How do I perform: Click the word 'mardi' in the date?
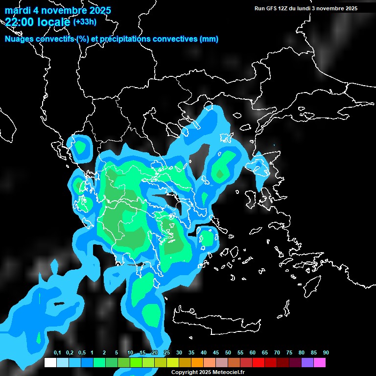pyautogui.click(x=19, y=10)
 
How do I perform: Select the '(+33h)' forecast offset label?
pyautogui.click(x=85, y=22)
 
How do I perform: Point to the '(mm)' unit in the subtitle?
pyautogui.click(x=209, y=39)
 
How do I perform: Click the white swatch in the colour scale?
pyautogui.click(x=50, y=363)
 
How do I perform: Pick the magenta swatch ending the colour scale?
pyautogui.click(x=320, y=363)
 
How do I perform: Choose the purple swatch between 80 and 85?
pyautogui.click(x=307, y=363)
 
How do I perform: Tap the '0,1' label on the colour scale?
pyautogui.click(x=57, y=353)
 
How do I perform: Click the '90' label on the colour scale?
pyautogui.click(x=326, y=353)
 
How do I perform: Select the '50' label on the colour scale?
pyautogui.click(x=228, y=353)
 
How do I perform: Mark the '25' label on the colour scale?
pyautogui.click(x=167, y=353)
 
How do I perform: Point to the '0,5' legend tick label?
pyautogui.click(x=82, y=353)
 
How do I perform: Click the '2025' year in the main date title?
pyautogui.click(x=100, y=10)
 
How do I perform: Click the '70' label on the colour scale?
pyautogui.click(x=277, y=353)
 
